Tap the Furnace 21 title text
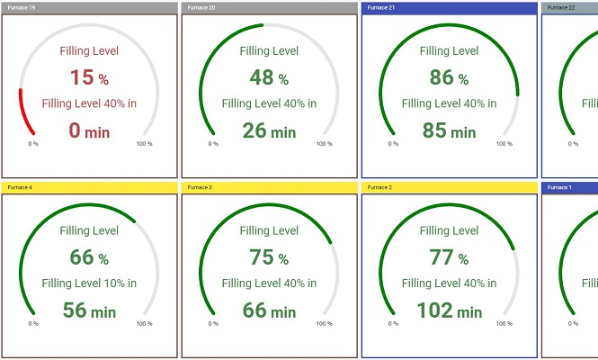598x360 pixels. tap(379, 7)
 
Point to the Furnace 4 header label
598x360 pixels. tap(19, 187)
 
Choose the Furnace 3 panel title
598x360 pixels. tap(199, 187)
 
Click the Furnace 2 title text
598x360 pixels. tap(379, 187)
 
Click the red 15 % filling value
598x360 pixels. tap(89, 77)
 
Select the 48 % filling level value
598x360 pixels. tap(269, 77)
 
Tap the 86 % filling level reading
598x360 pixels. tap(449, 77)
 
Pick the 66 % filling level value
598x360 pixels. tap(89, 257)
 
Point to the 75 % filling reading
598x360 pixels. tap(269, 257)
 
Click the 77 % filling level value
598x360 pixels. tap(449, 257)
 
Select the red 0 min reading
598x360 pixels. tap(89, 131)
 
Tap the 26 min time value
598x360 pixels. tap(269, 131)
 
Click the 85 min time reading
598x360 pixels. tap(449, 131)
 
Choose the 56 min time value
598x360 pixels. tap(89, 311)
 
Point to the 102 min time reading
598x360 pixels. tap(449, 311)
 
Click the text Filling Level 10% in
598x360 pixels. tap(89, 283)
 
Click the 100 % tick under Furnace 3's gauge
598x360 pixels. tap(325, 323)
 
